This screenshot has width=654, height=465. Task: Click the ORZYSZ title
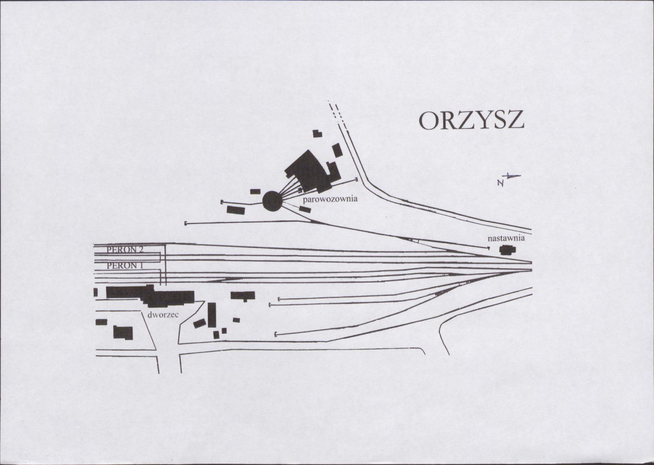471,121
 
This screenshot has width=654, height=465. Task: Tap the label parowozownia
330,199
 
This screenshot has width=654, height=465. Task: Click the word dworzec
163,315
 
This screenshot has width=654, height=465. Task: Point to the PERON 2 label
125,250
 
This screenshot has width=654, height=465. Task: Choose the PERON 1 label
125,266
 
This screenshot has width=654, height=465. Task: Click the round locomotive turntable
272,201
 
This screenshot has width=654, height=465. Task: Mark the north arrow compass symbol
508,179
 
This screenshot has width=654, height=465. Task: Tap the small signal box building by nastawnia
508,250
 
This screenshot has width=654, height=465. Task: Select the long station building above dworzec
150,295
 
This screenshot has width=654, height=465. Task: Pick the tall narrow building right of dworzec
212,315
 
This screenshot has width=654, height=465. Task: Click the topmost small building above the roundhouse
317,133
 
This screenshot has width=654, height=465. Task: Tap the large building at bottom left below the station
123,333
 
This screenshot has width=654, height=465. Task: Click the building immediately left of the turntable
236,209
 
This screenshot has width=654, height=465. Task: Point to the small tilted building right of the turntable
305,209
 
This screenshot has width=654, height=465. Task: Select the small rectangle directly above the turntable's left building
255,192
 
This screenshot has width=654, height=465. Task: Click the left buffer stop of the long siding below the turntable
185,223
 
